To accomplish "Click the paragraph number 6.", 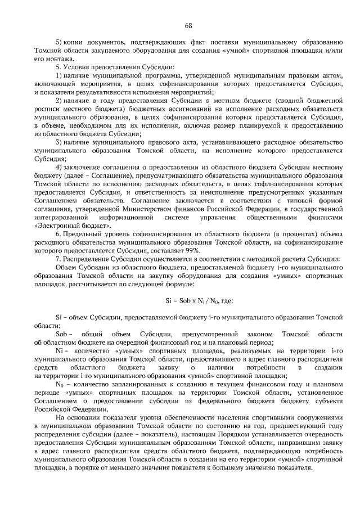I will pos(58,233).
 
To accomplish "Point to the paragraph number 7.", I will pos(58,258).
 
